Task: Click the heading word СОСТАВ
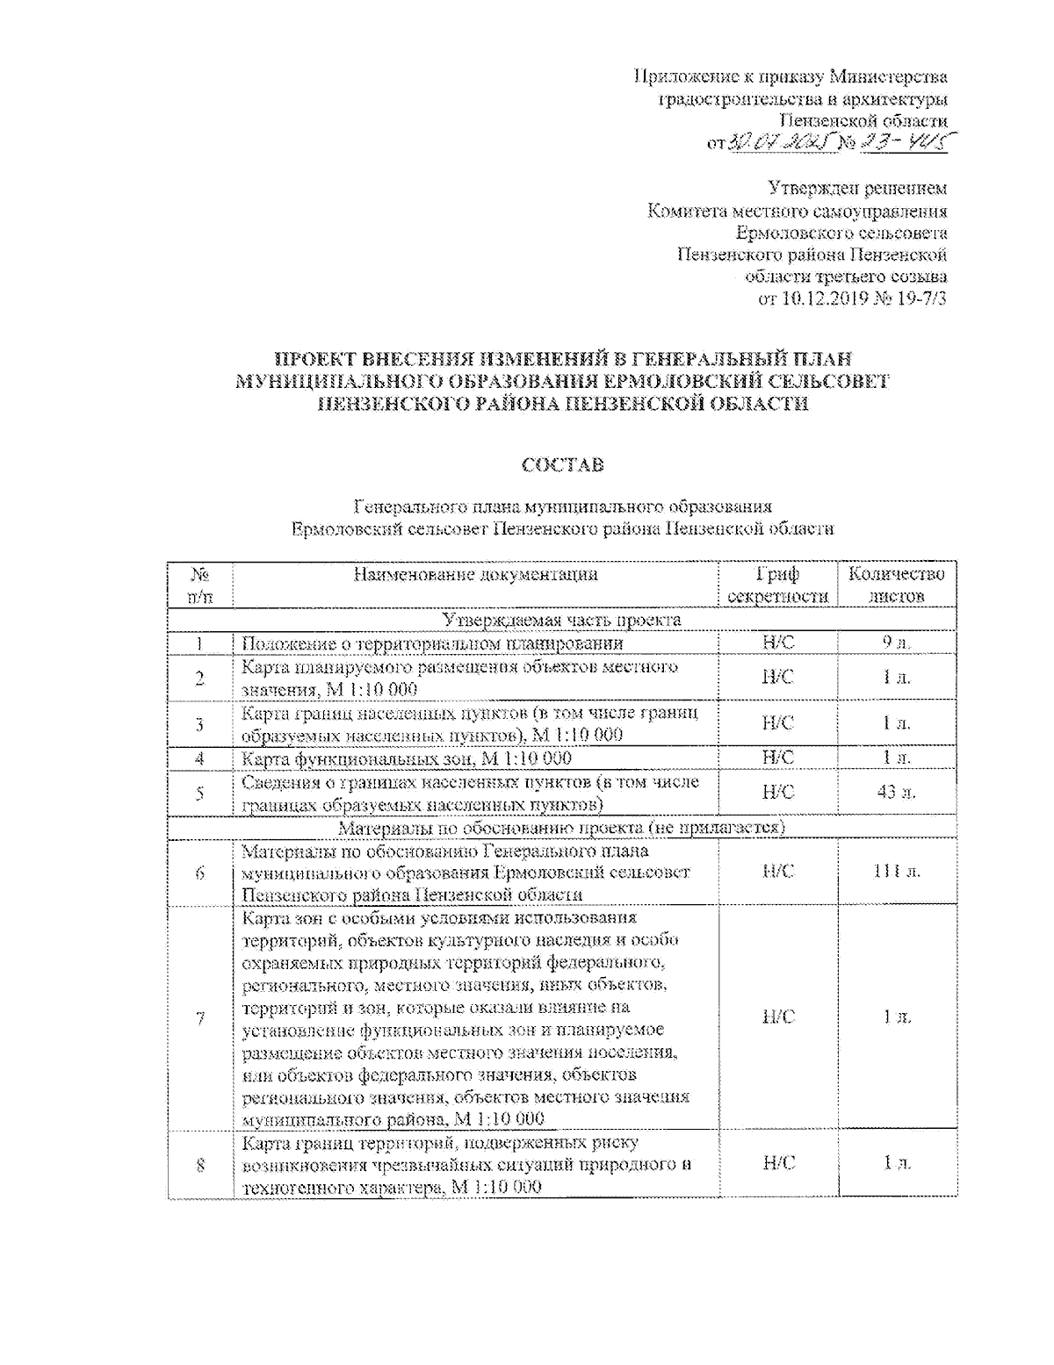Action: tap(562, 465)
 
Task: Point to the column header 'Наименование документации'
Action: tap(475, 575)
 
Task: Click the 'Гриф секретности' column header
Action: tap(777, 586)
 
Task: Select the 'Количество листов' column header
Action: tap(896, 586)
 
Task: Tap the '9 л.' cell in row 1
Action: tap(896, 643)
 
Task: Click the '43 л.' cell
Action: tap(896, 793)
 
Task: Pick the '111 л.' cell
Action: tap(896, 872)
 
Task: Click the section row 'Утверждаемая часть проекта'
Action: tap(562, 621)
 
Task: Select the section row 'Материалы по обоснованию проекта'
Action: tap(562, 828)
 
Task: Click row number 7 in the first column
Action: tap(200, 1018)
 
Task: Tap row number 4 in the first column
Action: tap(200, 758)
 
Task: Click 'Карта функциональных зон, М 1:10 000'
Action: tap(407, 758)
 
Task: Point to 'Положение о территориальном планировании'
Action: tap(432, 643)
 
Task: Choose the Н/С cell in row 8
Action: tap(777, 1163)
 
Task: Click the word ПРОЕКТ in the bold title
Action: tap(317, 359)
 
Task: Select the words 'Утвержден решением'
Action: tap(857, 188)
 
